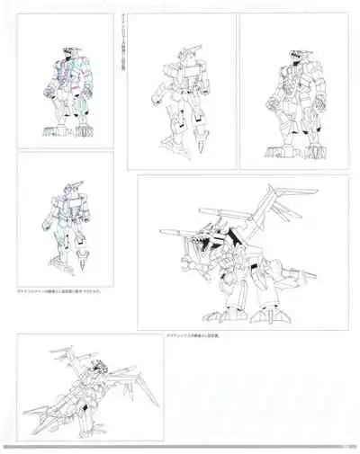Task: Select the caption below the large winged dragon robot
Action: (x=194, y=335)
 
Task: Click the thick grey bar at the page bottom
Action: (x=180, y=447)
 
